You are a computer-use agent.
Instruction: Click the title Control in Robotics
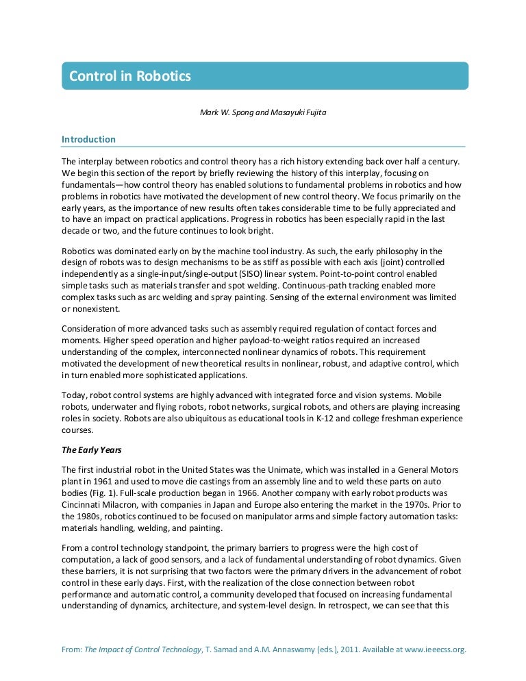[130, 76]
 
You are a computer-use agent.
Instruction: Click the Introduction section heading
[88, 139]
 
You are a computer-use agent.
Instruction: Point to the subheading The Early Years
[89, 450]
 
